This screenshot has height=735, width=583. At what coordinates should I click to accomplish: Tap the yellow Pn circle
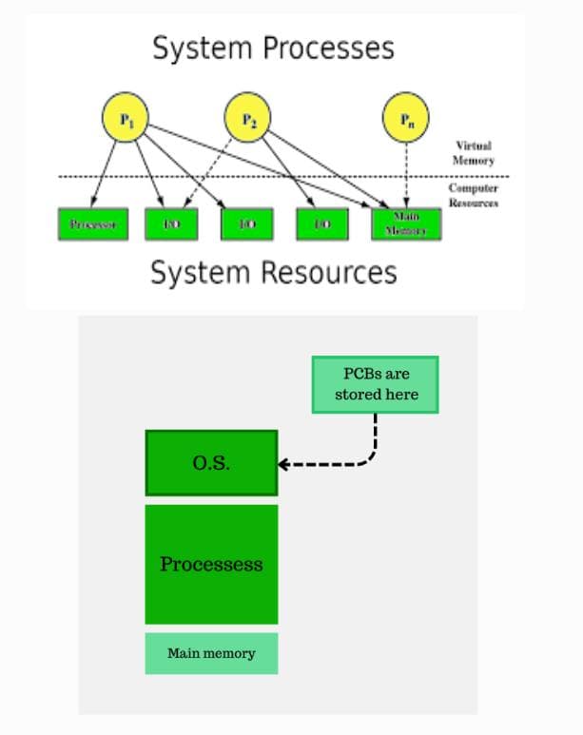(x=406, y=119)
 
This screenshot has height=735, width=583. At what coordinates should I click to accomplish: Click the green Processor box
(x=93, y=223)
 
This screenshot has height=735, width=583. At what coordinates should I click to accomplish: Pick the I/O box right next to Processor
(x=171, y=223)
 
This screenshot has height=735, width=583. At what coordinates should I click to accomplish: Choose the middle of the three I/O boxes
(x=246, y=223)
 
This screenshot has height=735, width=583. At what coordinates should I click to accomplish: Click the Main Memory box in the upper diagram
(x=406, y=223)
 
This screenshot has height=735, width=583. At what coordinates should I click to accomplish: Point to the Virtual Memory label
(x=473, y=154)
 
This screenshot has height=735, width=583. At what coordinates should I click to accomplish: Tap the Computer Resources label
(x=473, y=196)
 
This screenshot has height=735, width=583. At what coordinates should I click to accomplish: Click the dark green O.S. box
(x=210, y=463)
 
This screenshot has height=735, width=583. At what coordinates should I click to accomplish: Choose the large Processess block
(x=210, y=564)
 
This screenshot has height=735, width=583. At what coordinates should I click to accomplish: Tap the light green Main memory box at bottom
(x=211, y=653)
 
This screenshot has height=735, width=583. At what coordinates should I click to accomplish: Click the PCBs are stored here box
(x=376, y=385)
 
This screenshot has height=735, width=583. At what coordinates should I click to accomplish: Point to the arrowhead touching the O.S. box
(x=283, y=465)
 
